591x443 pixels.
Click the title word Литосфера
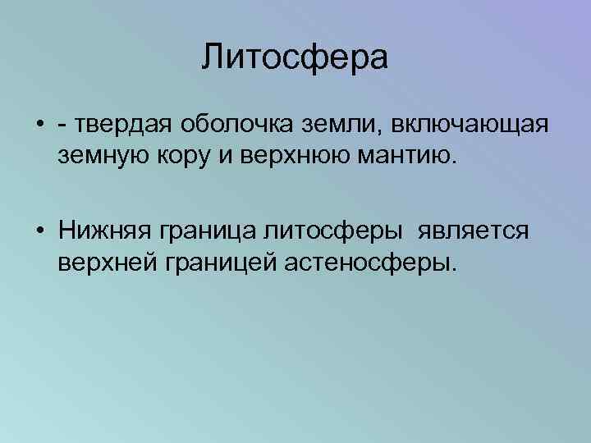[x=295, y=59]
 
